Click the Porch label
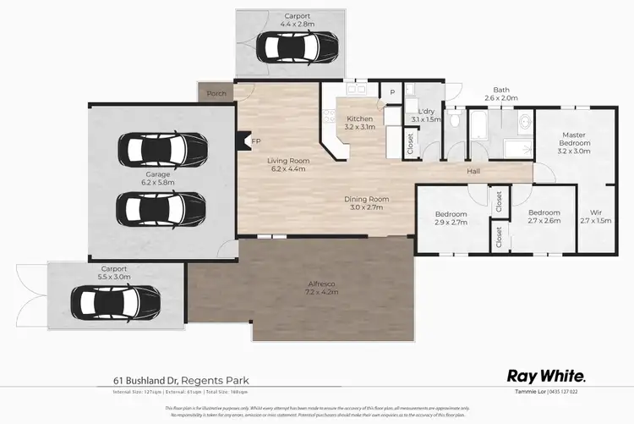click(216, 93)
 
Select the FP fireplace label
click(256, 142)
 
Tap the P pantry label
click(392, 91)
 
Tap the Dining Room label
click(366, 202)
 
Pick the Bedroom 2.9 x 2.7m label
click(451, 217)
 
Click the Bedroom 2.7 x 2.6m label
click(544, 217)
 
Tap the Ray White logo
click(546, 375)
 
